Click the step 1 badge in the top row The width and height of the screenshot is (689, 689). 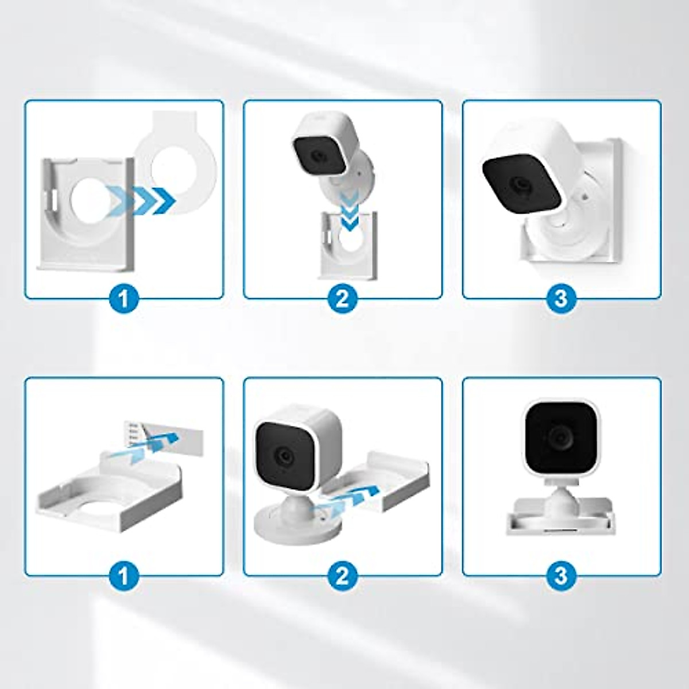point(124,298)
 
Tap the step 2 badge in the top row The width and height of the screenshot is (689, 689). point(342,298)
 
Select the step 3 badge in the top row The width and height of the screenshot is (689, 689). point(561,298)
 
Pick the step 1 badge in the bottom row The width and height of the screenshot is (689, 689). point(124,576)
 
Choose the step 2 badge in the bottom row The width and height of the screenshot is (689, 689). point(342,576)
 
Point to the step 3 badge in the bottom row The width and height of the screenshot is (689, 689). point(561,576)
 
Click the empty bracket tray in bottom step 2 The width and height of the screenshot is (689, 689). point(382,479)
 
